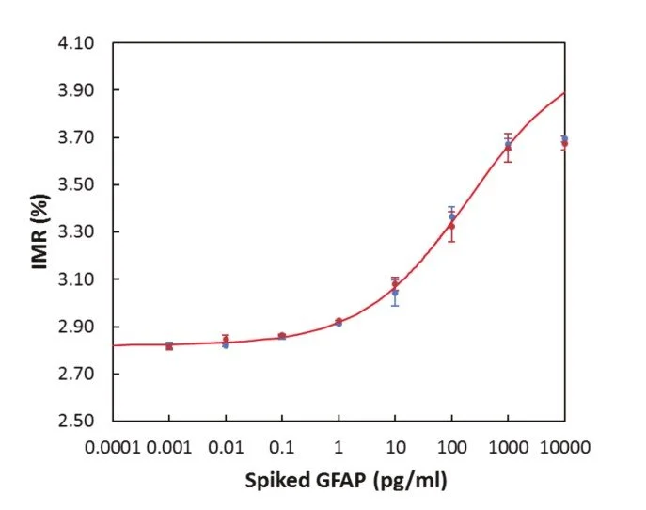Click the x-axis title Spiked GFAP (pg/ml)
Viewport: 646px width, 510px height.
click(x=345, y=482)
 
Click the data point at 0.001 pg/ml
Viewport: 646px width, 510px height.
click(x=169, y=346)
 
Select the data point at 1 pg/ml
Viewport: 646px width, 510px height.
click(x=339, y=322)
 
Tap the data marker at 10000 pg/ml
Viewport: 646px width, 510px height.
click(x=564, y=141)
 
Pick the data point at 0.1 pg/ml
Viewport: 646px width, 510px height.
click(x=282, y=336)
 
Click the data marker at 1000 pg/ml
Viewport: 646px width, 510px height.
click(x=508, y=146)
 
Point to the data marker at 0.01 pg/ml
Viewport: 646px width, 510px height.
click(x=226, y=342)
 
